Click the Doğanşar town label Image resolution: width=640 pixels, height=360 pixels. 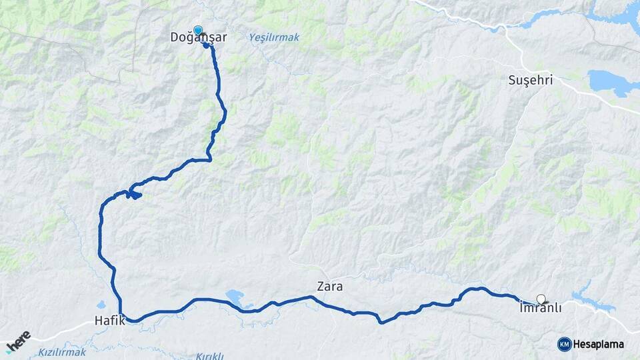tap(198, 38)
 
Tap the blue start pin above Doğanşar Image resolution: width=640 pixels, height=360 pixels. tap(198, 30)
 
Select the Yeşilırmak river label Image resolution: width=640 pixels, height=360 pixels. tap(274, 37)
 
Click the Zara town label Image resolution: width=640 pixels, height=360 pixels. tap(329, 287)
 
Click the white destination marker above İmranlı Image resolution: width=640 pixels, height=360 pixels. tap(541, 299)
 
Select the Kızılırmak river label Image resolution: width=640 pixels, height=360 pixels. tap(62, 351)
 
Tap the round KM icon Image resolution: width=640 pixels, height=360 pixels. tap(564, 344)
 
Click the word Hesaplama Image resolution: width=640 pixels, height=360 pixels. tap(598, 344)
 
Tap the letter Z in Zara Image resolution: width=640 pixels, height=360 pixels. tap(320, 287)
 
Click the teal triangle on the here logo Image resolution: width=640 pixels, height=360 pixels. tap(9, 349)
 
